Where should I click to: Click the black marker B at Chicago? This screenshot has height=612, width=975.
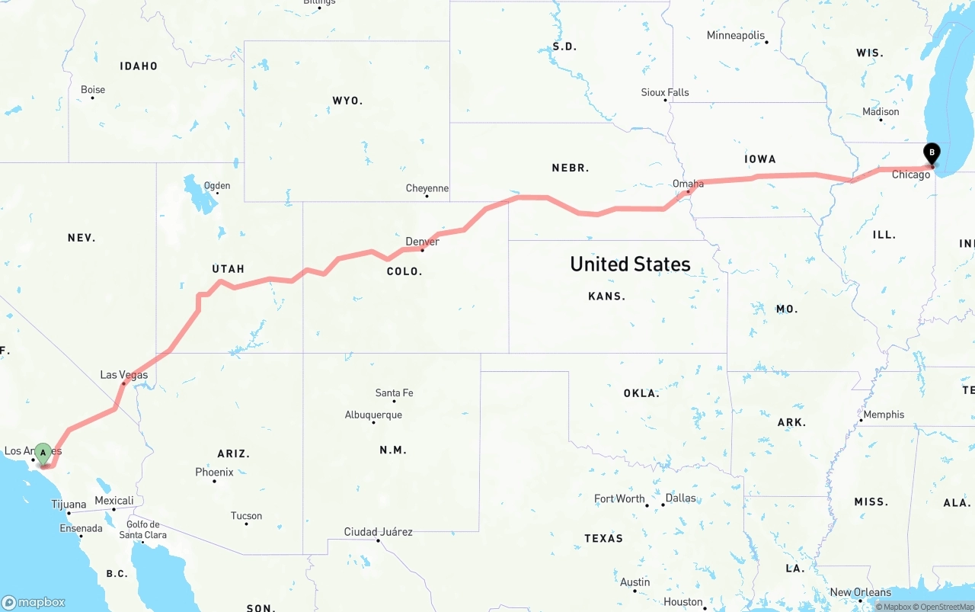tap(931, 152)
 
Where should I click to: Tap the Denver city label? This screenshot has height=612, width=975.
tap(422, 242)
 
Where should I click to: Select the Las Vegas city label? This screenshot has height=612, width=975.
tap(124, 375)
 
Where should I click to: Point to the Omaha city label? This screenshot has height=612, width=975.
tap(688, 184)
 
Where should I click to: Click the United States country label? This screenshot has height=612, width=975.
tap(630, 264)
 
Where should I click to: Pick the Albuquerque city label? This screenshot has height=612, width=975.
tap(373, 415)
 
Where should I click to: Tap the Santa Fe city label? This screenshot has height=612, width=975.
tap(394, 393)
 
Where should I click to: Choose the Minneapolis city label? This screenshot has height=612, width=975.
tap(736, 35)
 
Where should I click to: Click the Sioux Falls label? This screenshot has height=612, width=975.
tap(665, 92)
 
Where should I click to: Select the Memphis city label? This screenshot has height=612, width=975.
tap(884, 415)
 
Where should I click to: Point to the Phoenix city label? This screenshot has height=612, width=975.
tap(214, 473)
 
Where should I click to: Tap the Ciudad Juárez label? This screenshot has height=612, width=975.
tap(378, 531)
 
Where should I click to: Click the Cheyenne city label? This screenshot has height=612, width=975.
tap(427, 188)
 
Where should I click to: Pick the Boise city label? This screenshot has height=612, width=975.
tap(93, 90)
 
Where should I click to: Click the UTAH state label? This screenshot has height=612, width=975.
tap(228, 269)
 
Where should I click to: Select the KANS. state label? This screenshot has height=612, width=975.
tap(606, 296)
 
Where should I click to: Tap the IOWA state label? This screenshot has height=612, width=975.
tap(760, 159)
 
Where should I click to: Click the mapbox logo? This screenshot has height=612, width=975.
tap(34, 602)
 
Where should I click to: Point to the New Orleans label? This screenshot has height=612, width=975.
tap(860, 592)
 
